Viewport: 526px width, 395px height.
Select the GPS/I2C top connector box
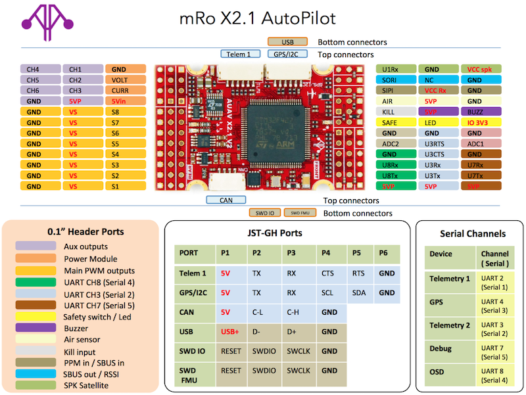[287, 55]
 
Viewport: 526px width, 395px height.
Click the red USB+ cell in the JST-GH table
[231, 332]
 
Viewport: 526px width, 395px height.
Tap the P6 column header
[387, 253]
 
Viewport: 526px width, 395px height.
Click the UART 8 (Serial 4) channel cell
[494, 375]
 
